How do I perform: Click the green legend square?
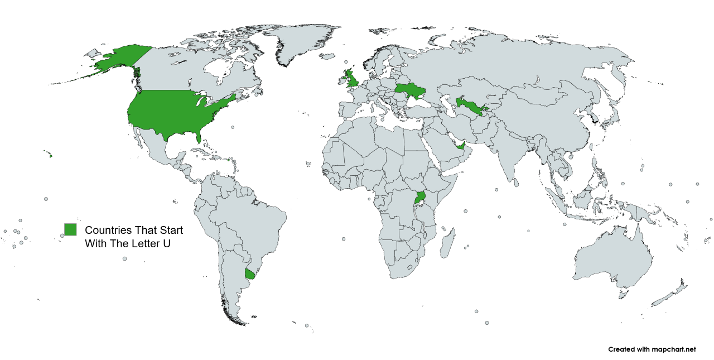click(70, 229)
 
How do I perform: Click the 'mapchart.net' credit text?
click(672, 349)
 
